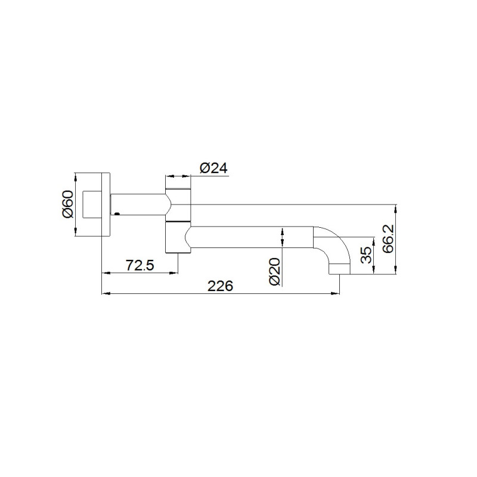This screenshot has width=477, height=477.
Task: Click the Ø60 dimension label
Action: click(x=68, y=205)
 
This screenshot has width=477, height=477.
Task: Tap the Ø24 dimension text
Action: click(x=213, y=168)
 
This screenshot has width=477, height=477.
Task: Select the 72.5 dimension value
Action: click(x=140, y=265)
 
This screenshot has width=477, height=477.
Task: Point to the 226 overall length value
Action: click(x=220, y=286)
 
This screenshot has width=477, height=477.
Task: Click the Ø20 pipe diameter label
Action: click(x=275, y=272)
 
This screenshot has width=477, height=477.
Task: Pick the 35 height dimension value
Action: click(x=366, y=255)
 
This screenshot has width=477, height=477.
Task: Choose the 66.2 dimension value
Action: click(x=388, y=239)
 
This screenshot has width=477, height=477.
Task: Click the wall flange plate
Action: click(x=106, y=205)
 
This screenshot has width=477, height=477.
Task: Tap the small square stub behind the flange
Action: click(x=92, y=205)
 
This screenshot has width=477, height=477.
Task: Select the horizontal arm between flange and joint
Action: click(x=139, y=205)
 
